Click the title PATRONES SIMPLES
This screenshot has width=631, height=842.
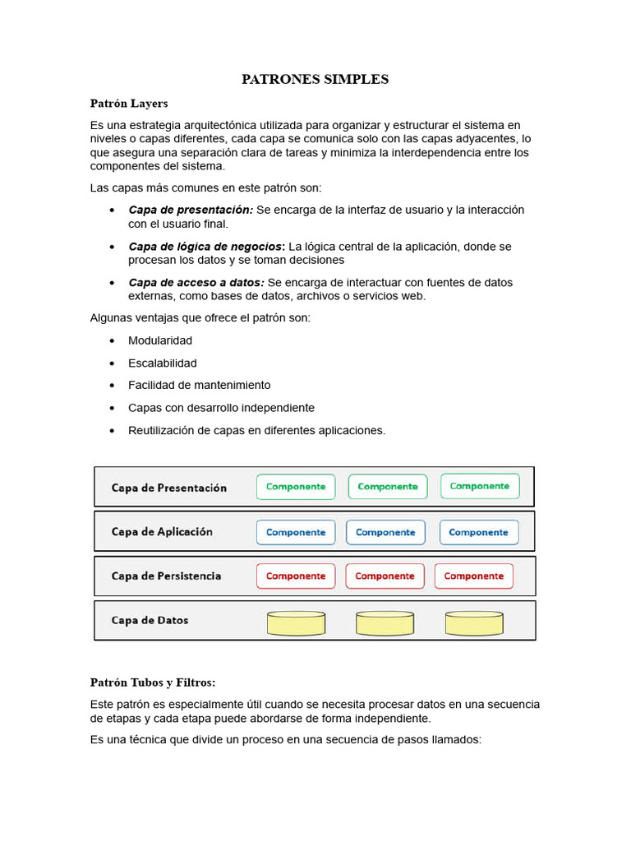coord(315,80)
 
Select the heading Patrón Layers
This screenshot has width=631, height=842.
coord(128,104)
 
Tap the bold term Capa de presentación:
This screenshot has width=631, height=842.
coord(191,210)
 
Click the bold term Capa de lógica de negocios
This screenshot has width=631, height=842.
coord(205,247)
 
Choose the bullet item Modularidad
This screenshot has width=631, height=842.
coord(160,340)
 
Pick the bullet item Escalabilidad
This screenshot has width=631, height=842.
coord(163,363)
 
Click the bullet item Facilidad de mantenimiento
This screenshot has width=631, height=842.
coord(199,385)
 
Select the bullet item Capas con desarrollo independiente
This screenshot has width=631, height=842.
coord(221,408)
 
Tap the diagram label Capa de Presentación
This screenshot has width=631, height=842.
coord(169,488)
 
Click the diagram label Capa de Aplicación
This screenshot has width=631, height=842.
coord(162,532)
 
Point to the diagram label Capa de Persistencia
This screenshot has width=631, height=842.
coord(166,576)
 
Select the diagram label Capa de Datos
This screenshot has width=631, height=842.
coord(150,621)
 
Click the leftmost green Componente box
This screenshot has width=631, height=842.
coord(296,487)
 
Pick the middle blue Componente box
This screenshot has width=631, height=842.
coord(385,532)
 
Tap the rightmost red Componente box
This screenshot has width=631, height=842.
coord(474,576)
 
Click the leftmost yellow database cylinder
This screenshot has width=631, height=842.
coord(297,622)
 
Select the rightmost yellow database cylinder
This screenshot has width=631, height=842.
coord(474,622)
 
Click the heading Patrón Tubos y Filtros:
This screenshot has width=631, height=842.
coord(153,682)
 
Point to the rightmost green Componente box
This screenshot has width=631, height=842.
coord(480,486)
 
